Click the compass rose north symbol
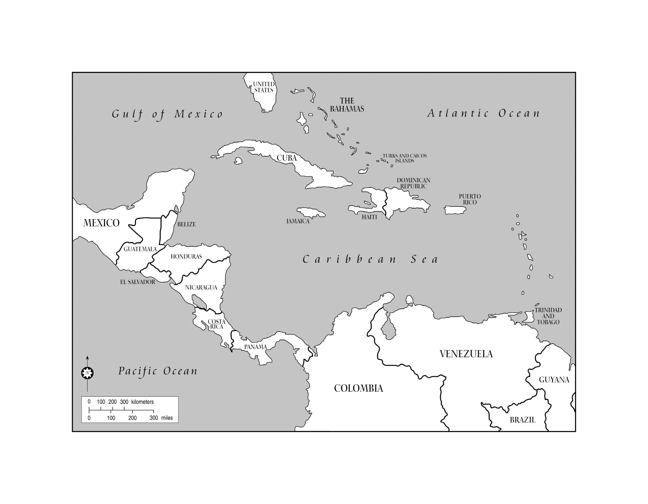pos(87,373)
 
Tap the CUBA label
pos(287,158)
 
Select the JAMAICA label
pos(298,221)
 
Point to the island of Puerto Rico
pos(455,210)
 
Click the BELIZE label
pos(186,224)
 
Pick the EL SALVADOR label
pos(138,282)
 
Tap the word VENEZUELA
pos(466,354)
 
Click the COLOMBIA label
pos(358,388)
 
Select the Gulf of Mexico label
pos(167,114)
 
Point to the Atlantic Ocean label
pos(484,113)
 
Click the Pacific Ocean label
pos(158,371)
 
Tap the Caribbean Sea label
pos(370,260)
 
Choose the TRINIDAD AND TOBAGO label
pos(548,316)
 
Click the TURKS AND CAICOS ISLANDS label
pos(404,158)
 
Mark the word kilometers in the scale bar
pos(143,402)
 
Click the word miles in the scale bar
pos(167,418)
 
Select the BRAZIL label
pos(522,420)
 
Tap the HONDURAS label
pos(186,257)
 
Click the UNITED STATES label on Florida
pos(264,87)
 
